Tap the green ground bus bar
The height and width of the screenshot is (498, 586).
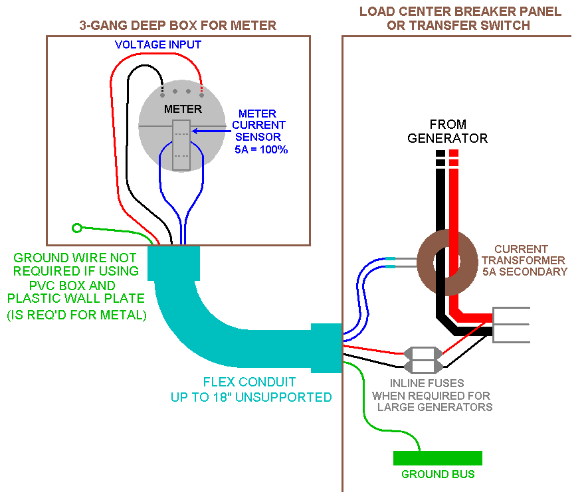point(437,458)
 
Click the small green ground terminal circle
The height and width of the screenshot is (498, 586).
point(77,228)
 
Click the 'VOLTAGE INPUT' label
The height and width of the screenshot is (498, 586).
point(158,45)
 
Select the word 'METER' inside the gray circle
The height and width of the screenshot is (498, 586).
point(183,108)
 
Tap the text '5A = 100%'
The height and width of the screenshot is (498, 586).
point(261,149)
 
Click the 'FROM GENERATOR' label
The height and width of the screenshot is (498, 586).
point(448,131)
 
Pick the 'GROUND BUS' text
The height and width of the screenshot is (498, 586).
point(438,475)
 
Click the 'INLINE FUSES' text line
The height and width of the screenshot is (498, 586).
point(427,383)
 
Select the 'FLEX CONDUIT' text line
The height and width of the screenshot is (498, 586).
point(249,383)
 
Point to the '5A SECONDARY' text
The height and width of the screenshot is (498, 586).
point(530,272)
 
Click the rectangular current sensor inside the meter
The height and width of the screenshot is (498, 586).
point(181,145)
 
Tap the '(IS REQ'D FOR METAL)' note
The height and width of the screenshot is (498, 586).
point(76,315)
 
